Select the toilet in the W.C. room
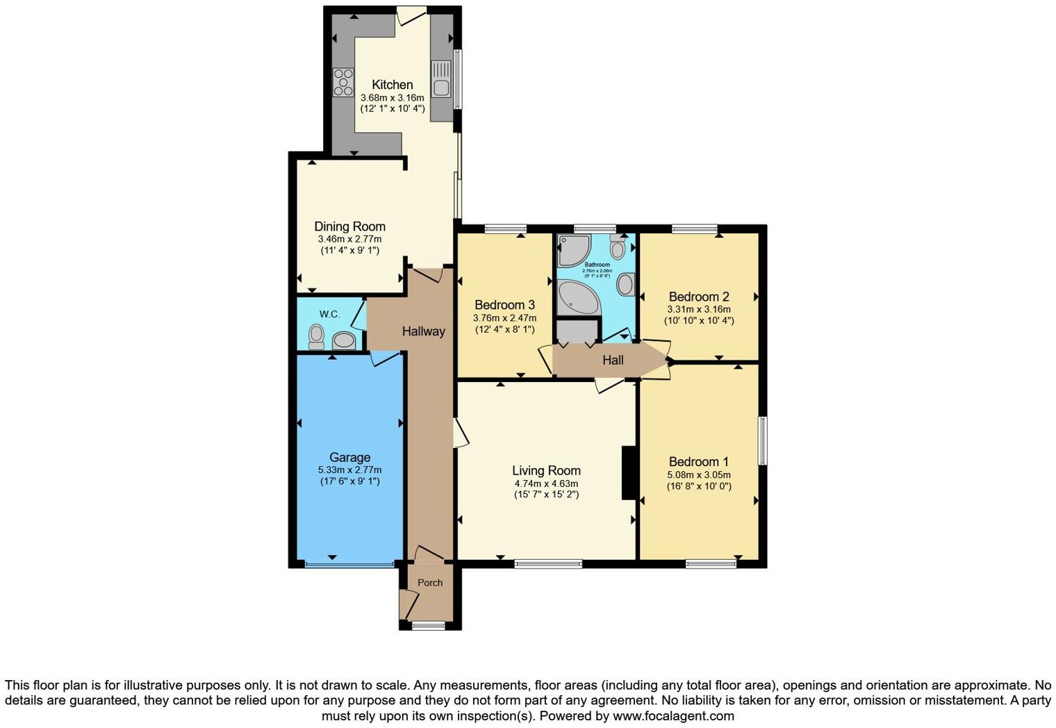[317, 337]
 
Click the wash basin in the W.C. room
[344, 340]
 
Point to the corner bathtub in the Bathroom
[577, 298]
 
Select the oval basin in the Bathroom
[625, 283]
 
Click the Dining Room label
[349, 226]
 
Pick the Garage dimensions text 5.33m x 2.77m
[349, 470]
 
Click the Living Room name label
[546, 470]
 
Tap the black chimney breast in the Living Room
[629, 473]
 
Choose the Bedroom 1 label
[698, 462]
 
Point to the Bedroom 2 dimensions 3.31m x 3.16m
[698, 309]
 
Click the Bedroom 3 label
[504, 305]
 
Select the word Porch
[430, 583]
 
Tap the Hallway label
[423, 331]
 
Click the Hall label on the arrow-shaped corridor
[613, 360]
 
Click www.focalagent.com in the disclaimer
[673, 715]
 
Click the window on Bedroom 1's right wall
[763, 440]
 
